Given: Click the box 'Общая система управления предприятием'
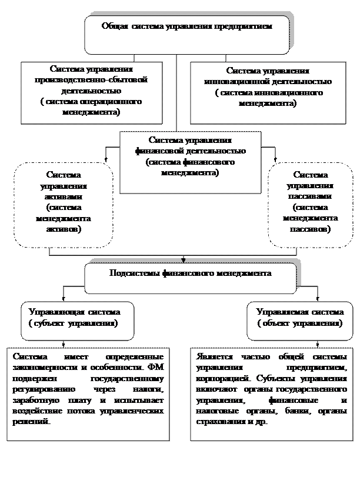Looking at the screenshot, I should pyautogui.click(x=187, y=34).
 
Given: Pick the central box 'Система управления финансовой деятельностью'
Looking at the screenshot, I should pyautogui.click(x=189, y=161).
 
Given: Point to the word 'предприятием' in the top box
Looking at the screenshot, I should pyautogui.click(x=248, y=26).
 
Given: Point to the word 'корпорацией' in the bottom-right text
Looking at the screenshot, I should pyautogui.click(x=217, y=379).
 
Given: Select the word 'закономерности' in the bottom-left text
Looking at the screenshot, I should pyautogui.click(x=43, y=368).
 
